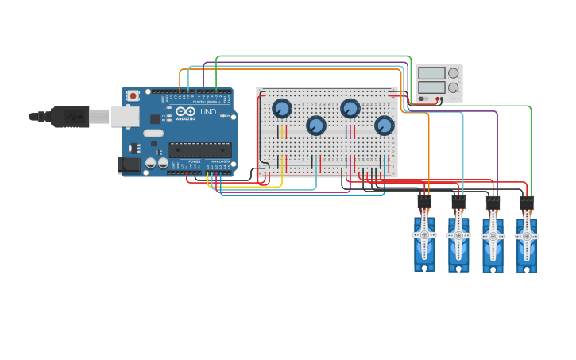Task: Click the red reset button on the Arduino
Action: point(133,95)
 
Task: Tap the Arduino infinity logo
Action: point(183,112)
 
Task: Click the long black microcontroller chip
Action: point(199,149)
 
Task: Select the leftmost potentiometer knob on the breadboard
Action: point(282,108)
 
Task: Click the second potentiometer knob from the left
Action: point(316,126)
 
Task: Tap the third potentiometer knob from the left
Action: point(350,108)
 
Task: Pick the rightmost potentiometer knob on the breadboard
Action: point(385,126)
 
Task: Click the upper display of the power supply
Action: point(431,73)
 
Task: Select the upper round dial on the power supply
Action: point(454,73)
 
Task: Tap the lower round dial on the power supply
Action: point(454,87)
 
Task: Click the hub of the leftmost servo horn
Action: point(424,236)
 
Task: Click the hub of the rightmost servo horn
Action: point(526,236)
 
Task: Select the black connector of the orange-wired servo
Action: point(425,202)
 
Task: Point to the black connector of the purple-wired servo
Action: point(493,202)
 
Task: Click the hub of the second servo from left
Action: point(458,236)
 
